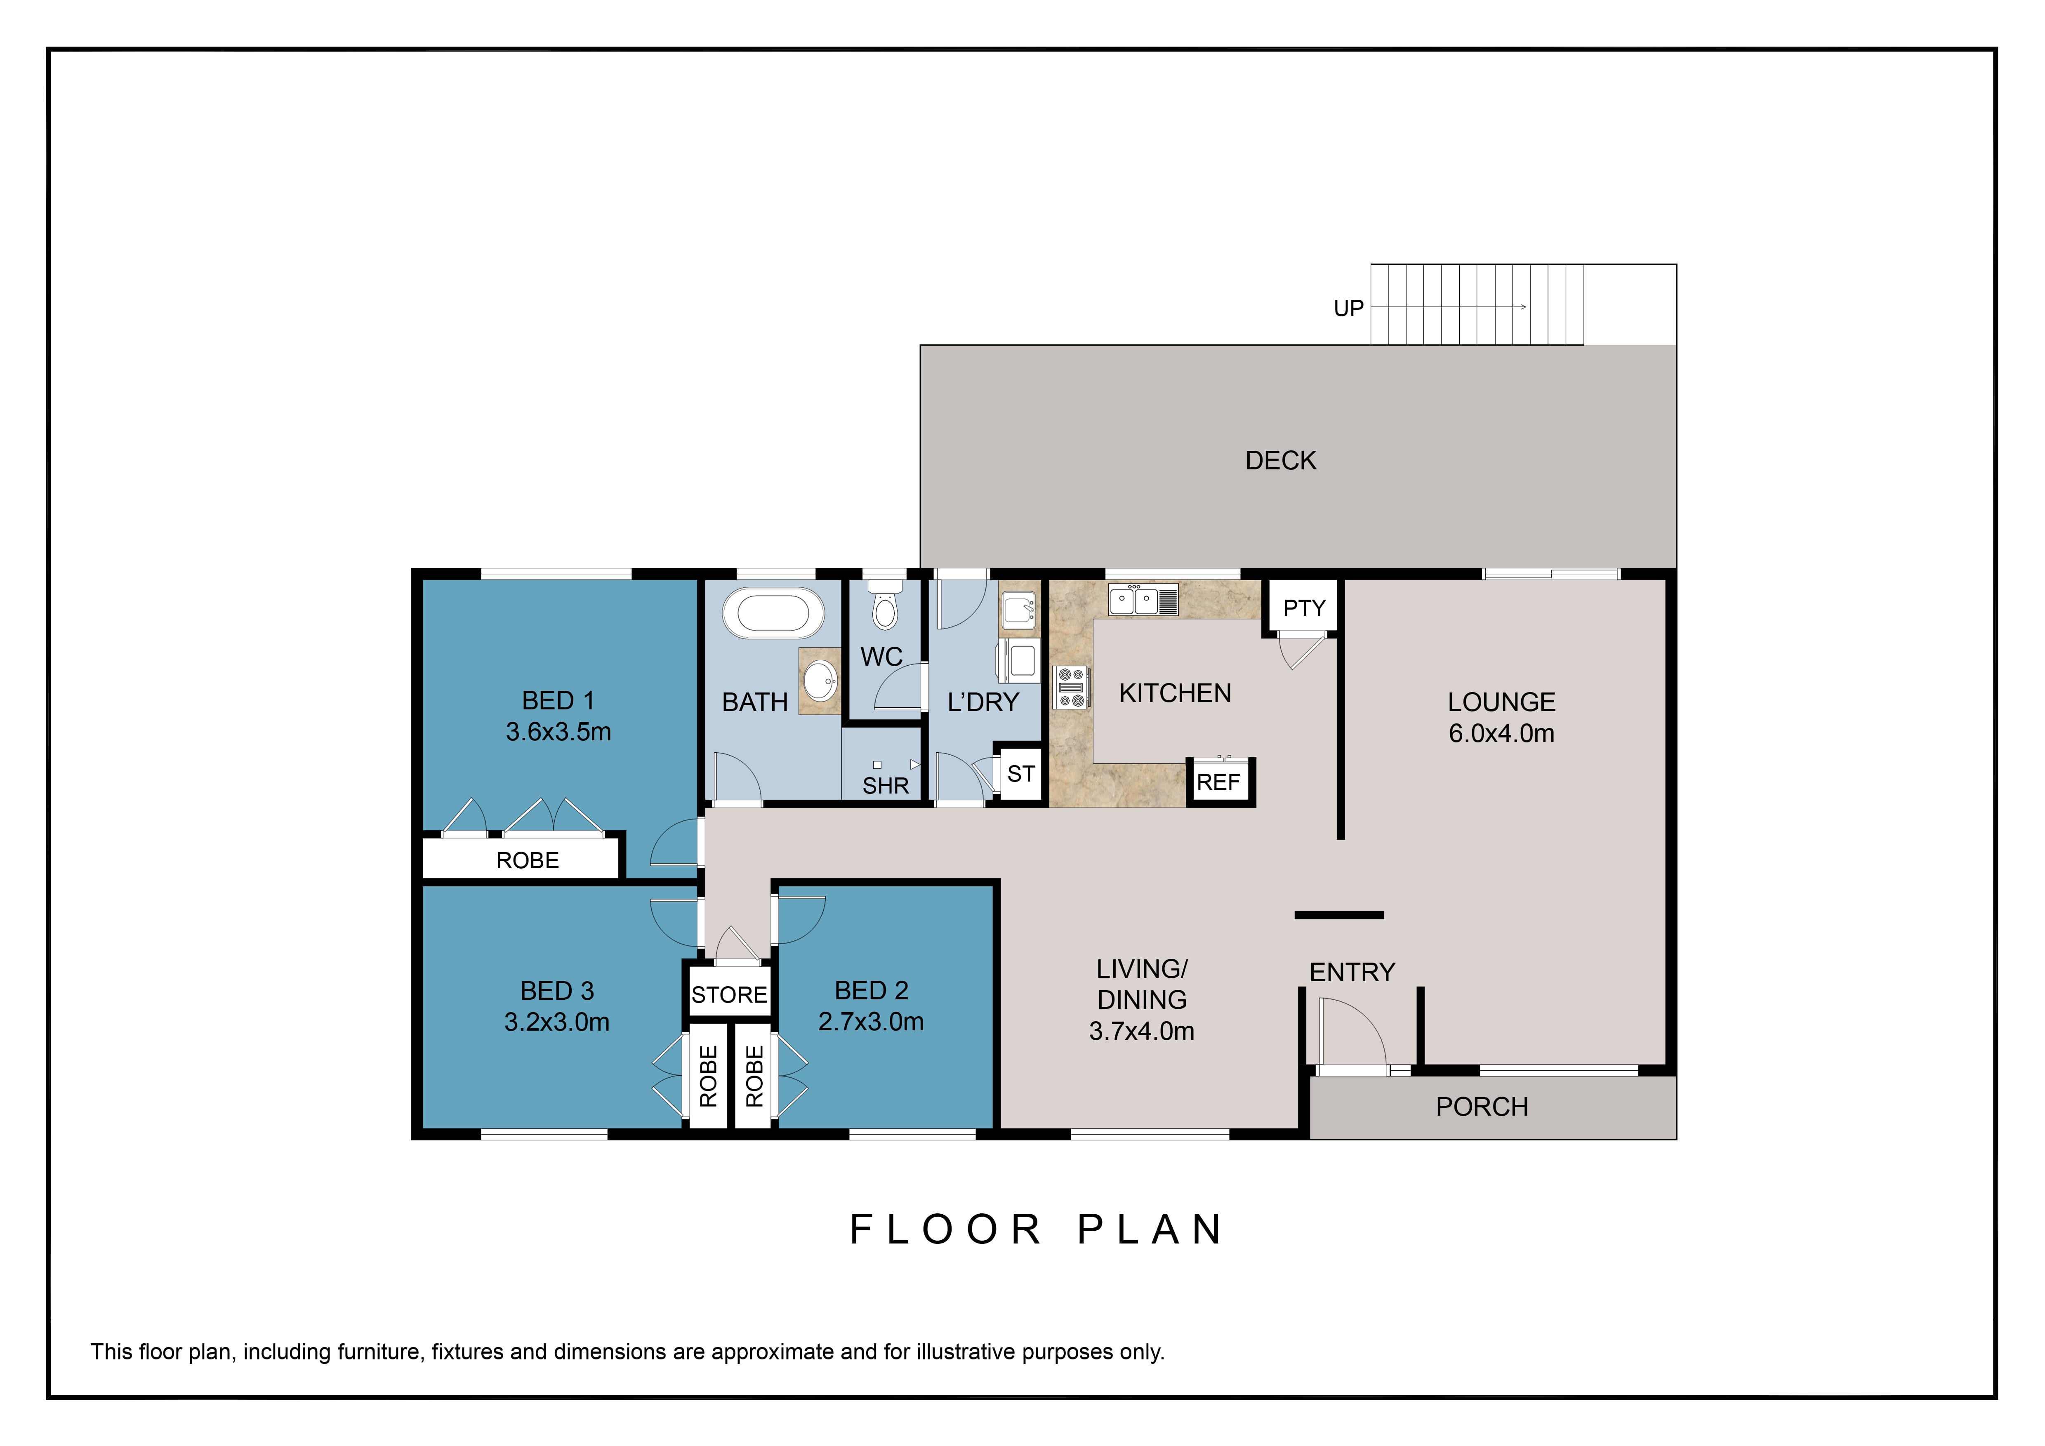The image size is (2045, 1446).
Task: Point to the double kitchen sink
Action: pos(1143,601)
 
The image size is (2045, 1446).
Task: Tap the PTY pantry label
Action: pos(1305,608)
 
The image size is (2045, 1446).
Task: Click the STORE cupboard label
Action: pos(730,994)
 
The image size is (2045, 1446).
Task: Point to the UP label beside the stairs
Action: pos(1348,308)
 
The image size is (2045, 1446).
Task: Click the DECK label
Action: pos(1281,460)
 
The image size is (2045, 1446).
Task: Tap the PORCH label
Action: pos(1482,1107)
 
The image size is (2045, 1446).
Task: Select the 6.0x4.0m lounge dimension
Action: pos(1502,734)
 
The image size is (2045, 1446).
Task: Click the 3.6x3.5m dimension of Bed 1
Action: pos(558,732)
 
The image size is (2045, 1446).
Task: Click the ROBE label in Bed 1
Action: pos(527,860)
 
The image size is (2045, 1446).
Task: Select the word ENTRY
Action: pos(1352,972)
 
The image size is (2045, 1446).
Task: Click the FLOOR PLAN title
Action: pos(1037,1229)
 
